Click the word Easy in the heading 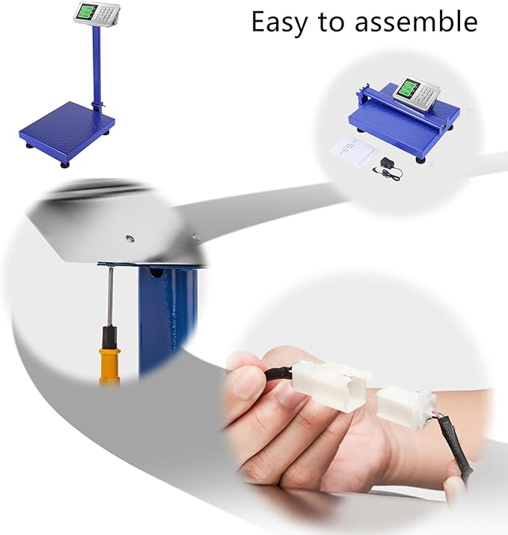click(280, 22)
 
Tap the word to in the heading click(331, 22)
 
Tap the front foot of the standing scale click(64, 164)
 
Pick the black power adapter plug click(387, 163)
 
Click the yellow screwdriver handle click(109, 366)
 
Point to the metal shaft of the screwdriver click(111, 297)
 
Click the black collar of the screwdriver click(110, 337)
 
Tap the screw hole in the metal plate click(129, 238)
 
